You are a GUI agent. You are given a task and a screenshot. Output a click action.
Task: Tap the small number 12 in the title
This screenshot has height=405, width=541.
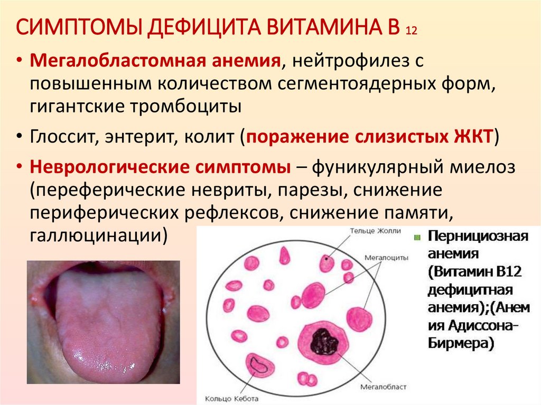point(412,31)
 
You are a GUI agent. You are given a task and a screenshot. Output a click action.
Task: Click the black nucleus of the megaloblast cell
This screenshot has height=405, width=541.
point(324,341)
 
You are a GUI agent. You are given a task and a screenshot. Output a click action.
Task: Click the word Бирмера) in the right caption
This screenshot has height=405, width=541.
point(461,344)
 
